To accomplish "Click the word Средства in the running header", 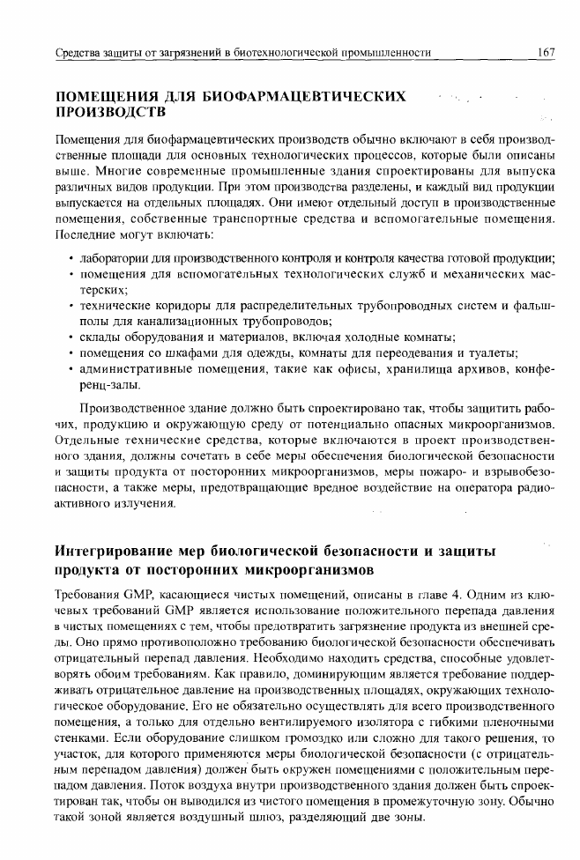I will pyautogui.click(x=78, y=54).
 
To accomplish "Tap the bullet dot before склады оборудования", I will pyautogui.click(x=70, y=337).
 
